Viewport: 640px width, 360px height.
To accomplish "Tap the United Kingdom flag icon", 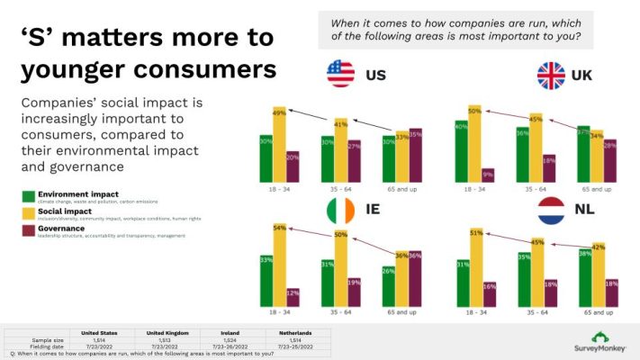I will coord(551,75).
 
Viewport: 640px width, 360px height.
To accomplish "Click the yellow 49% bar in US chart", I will coord(280,145).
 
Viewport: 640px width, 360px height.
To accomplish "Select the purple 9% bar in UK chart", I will coord(487,176).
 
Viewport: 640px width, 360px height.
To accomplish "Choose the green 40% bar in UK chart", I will coord(461,153).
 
